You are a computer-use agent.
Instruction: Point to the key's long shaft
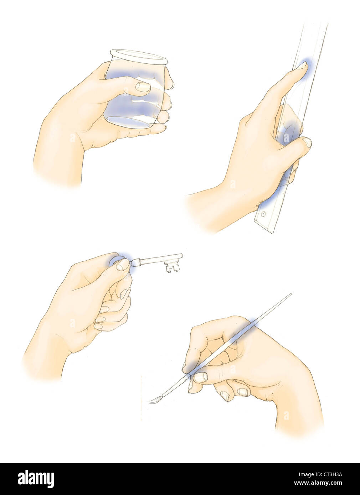pyautogui.click(x=157, y=259)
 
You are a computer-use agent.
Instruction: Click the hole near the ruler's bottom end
pyautogui.click(x=263, y=215)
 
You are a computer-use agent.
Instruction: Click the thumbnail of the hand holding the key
pyautogui.click(x=123, y=264)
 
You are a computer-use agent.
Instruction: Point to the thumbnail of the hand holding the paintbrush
pyautogui.click(x=200, y=377)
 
